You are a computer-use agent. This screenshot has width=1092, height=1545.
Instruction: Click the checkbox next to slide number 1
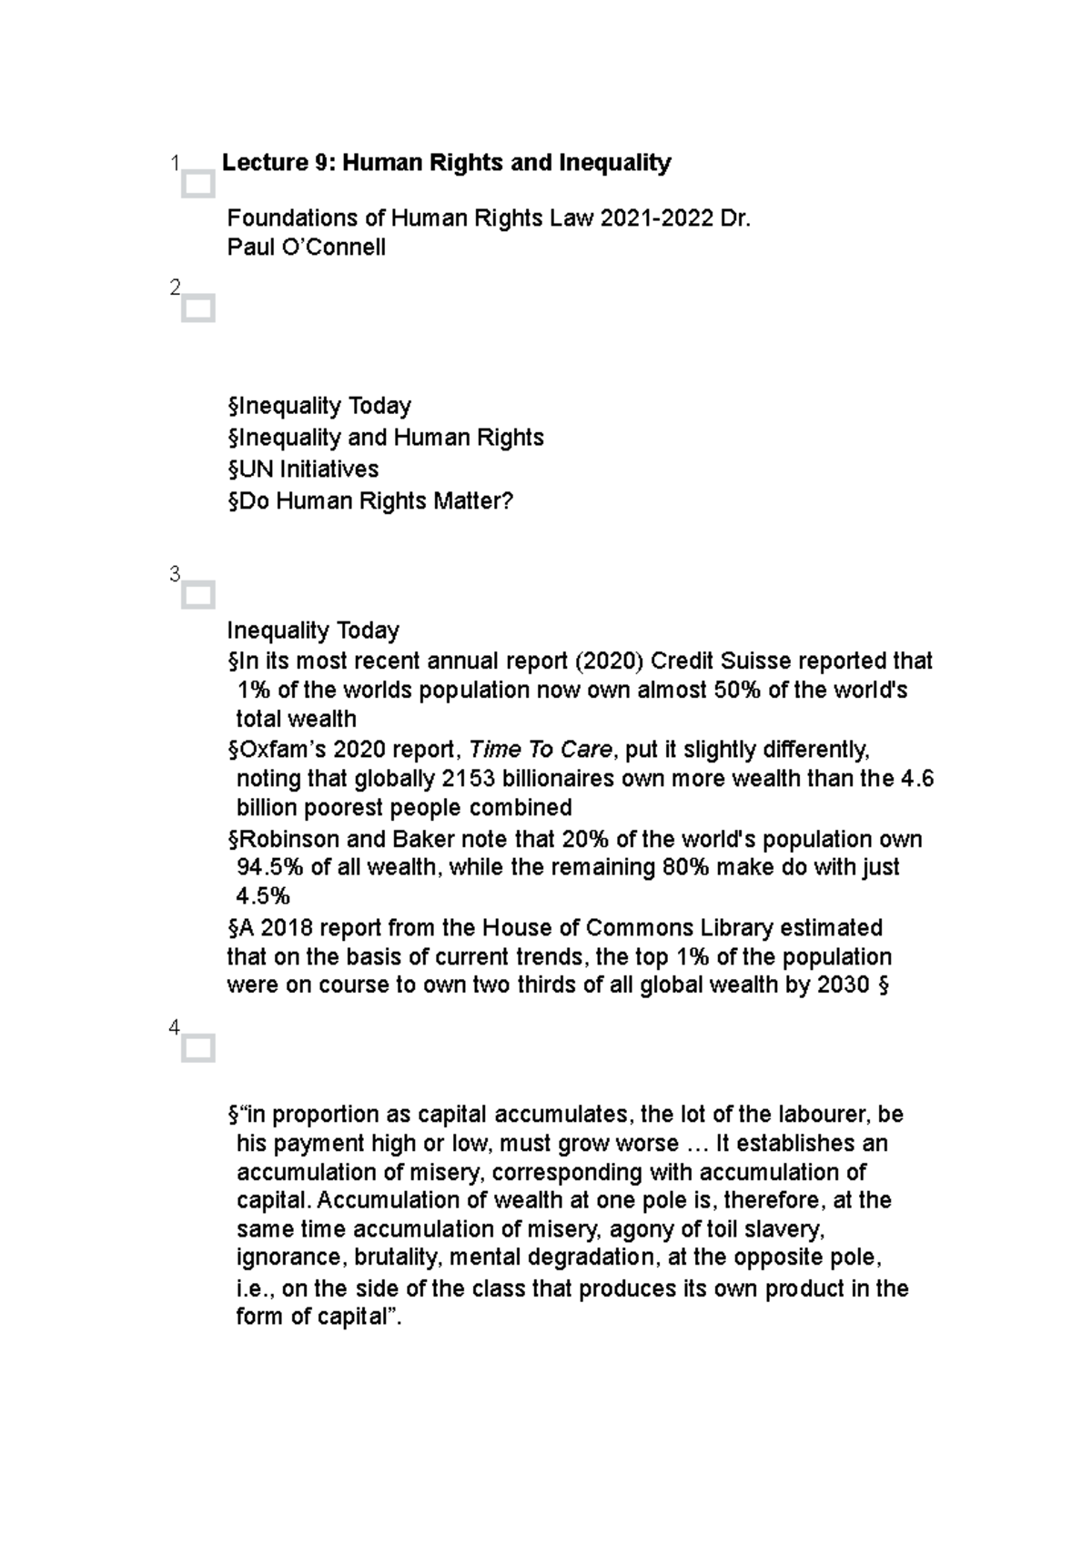197,185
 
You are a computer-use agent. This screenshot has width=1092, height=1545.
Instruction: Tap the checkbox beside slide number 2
197,309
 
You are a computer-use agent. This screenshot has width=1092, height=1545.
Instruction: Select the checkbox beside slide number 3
197,596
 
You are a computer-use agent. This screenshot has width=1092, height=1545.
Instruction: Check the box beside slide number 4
197,1049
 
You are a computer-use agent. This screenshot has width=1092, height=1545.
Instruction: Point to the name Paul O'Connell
306,247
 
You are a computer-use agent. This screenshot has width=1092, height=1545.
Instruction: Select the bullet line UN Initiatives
303,470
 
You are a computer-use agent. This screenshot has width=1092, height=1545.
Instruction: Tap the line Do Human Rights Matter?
370,501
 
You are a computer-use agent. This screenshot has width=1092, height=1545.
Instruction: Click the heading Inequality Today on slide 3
313,631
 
